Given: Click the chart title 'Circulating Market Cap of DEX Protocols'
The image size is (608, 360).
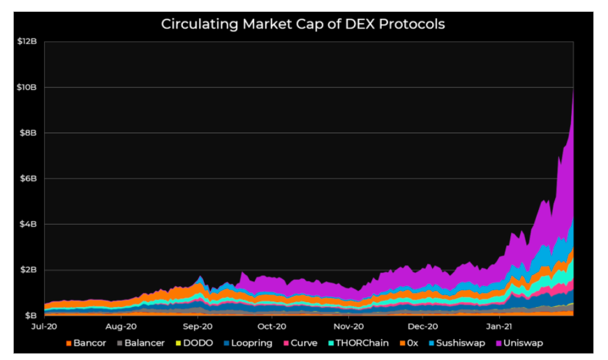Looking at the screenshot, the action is click(303, 24).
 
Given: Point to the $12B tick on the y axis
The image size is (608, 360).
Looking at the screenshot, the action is click(27, 41).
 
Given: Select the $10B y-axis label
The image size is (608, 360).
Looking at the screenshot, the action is click(27, 87).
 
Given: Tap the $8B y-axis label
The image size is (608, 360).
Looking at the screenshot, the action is click(29, 133).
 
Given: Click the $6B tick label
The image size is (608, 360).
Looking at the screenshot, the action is click(29, 179).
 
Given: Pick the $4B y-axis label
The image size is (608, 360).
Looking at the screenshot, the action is click(29, 224).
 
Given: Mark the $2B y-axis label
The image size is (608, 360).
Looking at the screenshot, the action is click(29, 270).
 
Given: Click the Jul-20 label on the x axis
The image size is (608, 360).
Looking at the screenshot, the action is click(44, 327).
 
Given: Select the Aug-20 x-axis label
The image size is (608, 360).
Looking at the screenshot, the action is click(121, 327).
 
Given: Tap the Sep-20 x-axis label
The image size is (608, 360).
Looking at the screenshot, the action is click(198, 327).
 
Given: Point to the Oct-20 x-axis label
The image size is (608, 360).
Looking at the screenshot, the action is click(272, 327).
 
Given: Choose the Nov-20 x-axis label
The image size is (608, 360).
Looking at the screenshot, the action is click(348, 327).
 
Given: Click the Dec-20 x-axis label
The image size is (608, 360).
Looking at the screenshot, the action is click(422, 327).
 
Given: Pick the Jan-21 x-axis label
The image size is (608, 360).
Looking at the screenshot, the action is click(499, 327).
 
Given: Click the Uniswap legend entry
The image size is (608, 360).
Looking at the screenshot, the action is click(519, 343).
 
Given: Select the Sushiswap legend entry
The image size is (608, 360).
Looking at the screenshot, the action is click(457, 343).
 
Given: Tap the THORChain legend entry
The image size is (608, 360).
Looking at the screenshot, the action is click(358, 343).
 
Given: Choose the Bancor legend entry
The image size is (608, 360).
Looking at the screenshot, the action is click(86, 343).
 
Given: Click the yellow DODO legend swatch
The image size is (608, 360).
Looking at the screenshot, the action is click(179, 343).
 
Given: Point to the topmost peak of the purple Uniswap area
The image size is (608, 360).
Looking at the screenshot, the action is click(573, 89).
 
